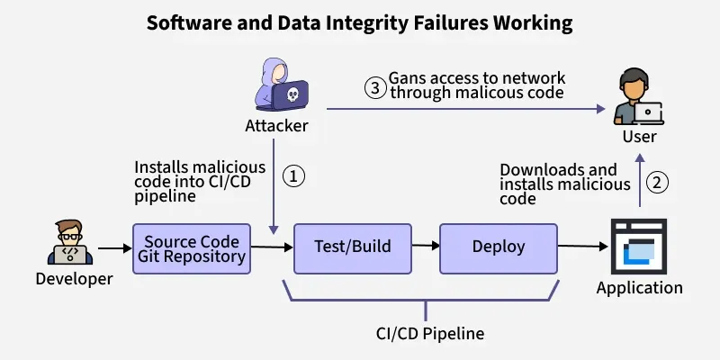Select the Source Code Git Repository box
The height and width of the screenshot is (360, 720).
point(192,248)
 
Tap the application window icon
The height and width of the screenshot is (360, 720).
point(640,247)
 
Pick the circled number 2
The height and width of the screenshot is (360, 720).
point(660,183)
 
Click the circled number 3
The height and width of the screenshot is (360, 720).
point(374,87)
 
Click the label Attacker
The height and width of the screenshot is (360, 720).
point(276,126)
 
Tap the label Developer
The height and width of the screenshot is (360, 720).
point(74,279)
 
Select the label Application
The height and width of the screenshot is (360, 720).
point(640,288)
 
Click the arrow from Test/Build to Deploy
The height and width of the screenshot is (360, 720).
point(425,247)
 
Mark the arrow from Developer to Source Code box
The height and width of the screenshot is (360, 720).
point(113,246)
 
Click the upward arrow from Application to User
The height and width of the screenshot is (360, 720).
point(640,183)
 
